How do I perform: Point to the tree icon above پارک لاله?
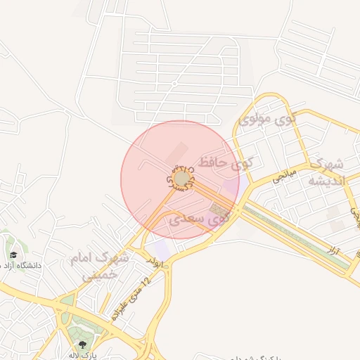coord(83,345)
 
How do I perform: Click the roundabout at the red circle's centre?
coord(181,179)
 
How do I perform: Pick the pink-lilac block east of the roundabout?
coord(231,187)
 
